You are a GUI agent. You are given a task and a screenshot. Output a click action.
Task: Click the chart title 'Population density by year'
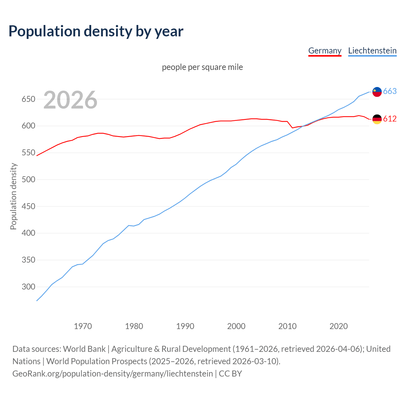[96, 31]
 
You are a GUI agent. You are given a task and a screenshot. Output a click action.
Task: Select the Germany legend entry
[325, 51]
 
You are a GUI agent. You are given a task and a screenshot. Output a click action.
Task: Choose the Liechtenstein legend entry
[372, 51]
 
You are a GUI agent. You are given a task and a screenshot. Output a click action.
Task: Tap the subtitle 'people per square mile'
[202, 67]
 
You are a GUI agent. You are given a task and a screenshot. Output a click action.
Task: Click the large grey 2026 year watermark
[70, 100]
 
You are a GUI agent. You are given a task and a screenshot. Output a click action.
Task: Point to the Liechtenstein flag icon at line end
[377, 91]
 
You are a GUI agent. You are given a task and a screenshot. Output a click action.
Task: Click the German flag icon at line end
[377, 119]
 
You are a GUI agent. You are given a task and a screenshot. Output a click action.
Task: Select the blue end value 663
[390, 91]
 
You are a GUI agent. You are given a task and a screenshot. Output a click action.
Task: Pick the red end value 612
[390, 119]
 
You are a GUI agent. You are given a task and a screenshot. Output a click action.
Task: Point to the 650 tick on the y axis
[28, 99]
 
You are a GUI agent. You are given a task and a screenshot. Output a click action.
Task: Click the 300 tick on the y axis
[28, 287]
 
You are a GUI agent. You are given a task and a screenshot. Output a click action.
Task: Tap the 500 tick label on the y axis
[28, 180]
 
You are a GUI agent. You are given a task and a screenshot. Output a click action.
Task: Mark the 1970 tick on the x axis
[83, 326]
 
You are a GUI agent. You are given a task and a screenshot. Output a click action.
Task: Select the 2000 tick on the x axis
[236, 326]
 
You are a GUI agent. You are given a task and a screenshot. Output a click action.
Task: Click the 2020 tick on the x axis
[339, 326]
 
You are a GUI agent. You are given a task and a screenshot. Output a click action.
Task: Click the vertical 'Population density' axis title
[13, 196]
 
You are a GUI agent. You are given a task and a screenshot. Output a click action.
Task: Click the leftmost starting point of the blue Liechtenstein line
[37, 301]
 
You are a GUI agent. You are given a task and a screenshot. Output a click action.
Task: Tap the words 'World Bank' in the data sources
[84, 349]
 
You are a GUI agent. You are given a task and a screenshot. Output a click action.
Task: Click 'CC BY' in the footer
[230, 373]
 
